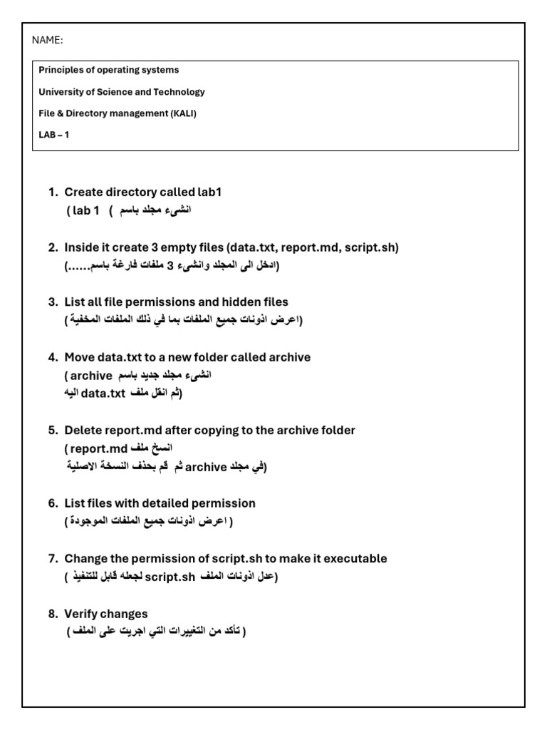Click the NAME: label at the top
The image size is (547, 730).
click(48, 40)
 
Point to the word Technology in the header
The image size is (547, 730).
click(179, 91)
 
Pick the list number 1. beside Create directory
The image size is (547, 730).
click(53, 192)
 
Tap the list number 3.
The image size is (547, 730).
click(53, 302)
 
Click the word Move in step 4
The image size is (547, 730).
click(78, 357)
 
